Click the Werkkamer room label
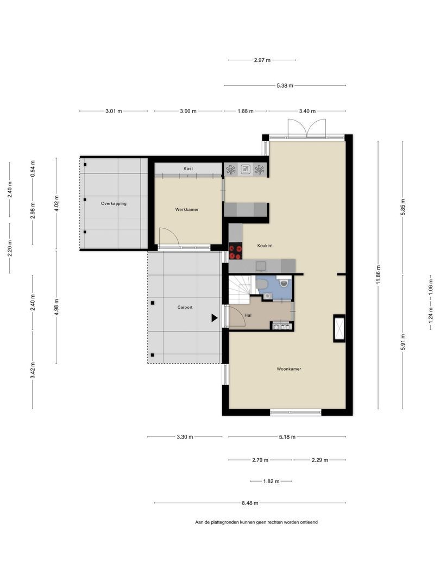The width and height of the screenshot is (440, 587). [x=187, y=210]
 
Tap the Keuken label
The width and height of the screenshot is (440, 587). [x=265, y=246]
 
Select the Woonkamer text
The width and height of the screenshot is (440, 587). [x=289, y=369]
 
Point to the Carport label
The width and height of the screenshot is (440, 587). [x=185, y=307]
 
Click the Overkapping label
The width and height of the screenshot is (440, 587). [x=114, y=204]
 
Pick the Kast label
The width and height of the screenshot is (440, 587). [x=188, y=169]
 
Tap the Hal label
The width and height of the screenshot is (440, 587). [x=248, y=315]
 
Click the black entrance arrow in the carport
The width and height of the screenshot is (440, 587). [x=215, y=318]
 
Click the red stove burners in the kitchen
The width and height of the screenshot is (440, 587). [x=236, y=252]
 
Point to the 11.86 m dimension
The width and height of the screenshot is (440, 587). [x=378, y=275]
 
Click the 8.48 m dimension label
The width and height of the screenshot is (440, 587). [x=250, y=503]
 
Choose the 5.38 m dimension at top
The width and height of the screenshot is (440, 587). [x=285, y=85]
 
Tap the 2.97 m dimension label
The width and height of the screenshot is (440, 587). [x=262, y=60]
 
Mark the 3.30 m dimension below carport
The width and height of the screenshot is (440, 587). [x=185, y=437]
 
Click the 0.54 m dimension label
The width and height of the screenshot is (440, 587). [x=33, y=168]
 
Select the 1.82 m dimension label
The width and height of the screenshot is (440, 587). [x=271, y=482]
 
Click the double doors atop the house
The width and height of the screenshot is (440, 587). [x=307, y=128]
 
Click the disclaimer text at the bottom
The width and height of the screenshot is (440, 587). [x=256, y=522]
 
